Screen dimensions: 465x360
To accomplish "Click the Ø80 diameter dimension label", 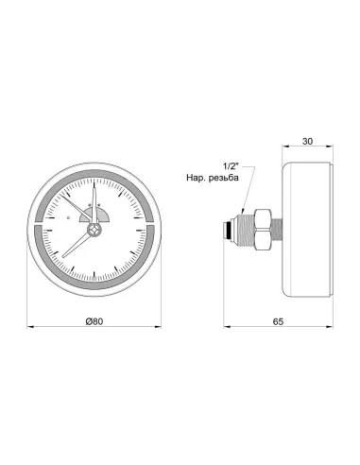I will (93, 321).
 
